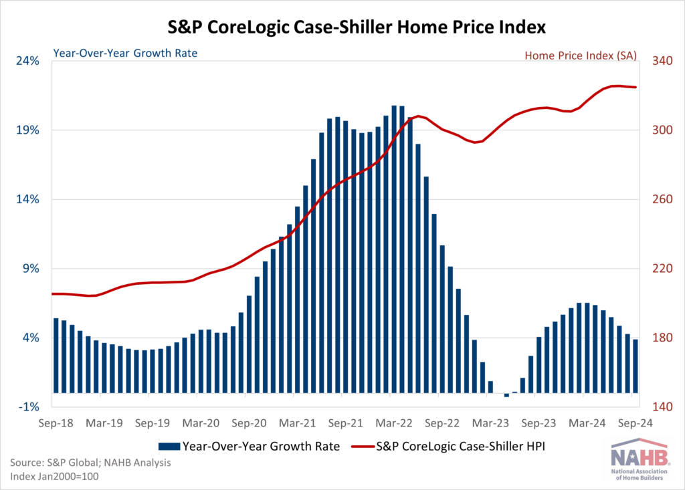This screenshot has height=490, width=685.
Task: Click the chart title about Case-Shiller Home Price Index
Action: pos(342,27)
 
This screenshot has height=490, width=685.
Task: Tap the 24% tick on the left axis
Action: pos(29,61)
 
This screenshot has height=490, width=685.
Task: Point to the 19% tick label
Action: pos(29,130)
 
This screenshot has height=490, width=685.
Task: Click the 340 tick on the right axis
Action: pos(658,61)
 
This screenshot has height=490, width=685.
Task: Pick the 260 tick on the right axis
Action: pos(658,199)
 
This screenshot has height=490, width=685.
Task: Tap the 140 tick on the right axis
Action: pos(658,407)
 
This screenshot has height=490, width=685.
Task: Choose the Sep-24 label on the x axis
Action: pos(633,423)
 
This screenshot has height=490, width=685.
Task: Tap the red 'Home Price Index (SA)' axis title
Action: pos(580,55)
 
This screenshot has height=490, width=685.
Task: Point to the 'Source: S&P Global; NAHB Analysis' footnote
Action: pos(90,462)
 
